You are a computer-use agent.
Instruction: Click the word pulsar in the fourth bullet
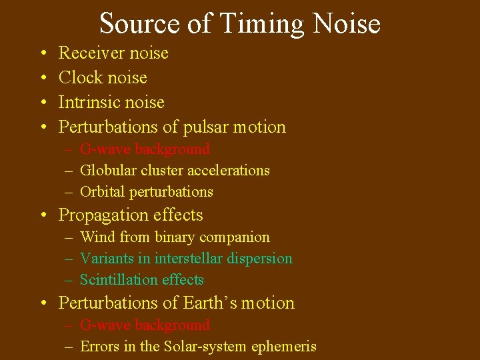pyautogui.click(x=208, y=127)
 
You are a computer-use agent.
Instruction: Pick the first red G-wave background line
pyautogui.click(x=145, y=149)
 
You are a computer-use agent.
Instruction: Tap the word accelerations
pyautogui.click(x=227, y=171)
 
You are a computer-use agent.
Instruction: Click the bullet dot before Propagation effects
pyautogui.click(x=43, y=215)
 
